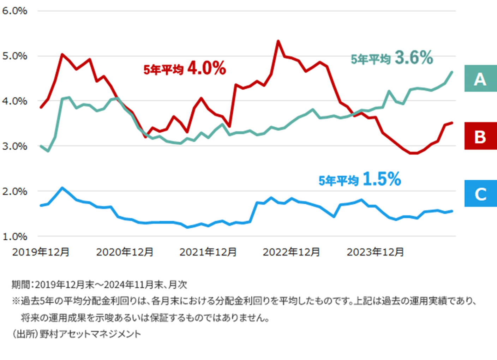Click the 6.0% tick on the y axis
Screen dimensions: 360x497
pos(14,11)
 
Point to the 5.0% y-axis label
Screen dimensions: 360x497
pos(14,56)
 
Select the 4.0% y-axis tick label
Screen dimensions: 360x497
pos(14,101)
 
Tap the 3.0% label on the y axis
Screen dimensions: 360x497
pos(14,146)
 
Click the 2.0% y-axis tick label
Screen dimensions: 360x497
pos(14,192)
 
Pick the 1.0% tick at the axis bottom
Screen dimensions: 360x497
pos(14,236)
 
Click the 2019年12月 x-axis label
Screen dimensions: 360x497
pos(41,252)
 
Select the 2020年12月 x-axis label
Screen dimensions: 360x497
pos(125,252)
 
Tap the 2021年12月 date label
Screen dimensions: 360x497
pos(208,252)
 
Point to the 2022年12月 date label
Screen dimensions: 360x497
pos(291,252)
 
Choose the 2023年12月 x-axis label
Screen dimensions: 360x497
pos(375,252)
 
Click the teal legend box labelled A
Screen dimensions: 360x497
pos(480,79)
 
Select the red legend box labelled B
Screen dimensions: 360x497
pos(480,136)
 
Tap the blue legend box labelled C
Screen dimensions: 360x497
pos(480,194)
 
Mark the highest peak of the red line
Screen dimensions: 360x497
pos(278,41)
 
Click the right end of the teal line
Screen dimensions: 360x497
pos(452,72)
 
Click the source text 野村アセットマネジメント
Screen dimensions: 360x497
pos(90,334)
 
